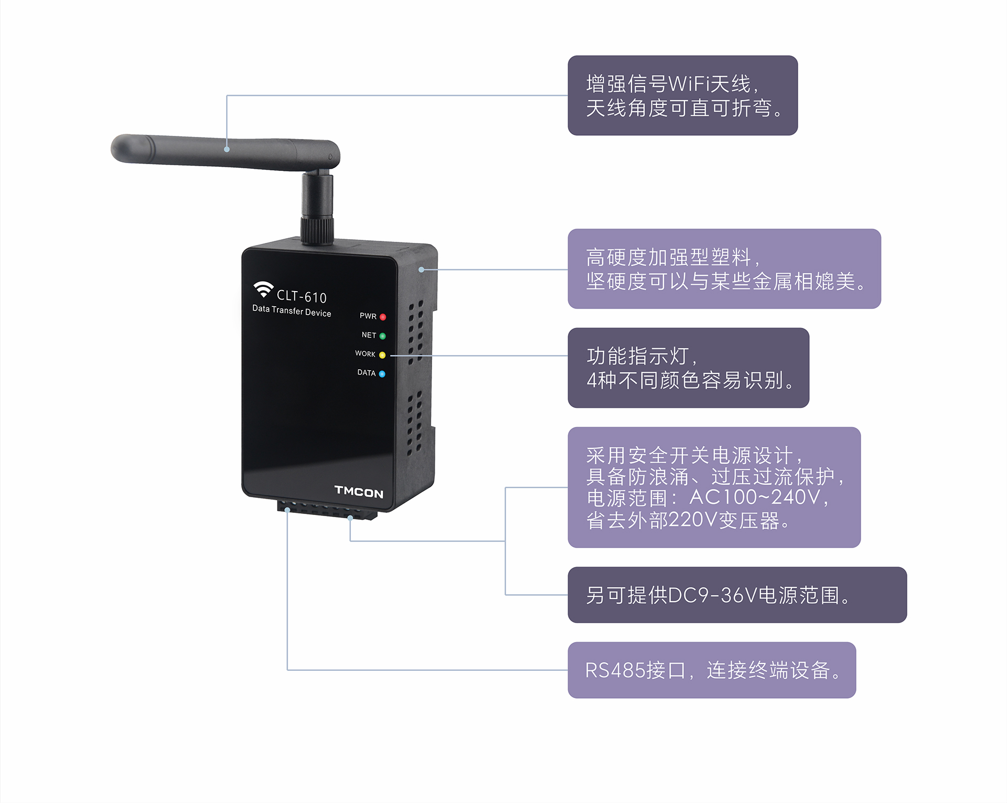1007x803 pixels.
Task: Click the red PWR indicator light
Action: [x=383, y=317]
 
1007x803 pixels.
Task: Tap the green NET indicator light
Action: [x=382, y=336]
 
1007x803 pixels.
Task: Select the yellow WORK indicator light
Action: [x=382, y=355]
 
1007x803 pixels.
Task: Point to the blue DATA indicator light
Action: [x=382, y=374]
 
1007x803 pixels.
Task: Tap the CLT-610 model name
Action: [x=302, y=297]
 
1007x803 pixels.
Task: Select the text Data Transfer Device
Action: [x=292, y=311]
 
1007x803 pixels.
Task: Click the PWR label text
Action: [x=368, y=316]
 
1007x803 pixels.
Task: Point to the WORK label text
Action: [x=365, y=354]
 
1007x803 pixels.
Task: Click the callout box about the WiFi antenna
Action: [x=683, y=95]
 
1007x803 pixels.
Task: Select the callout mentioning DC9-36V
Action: [x=737, y=595]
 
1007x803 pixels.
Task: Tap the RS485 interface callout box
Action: [x=712, y=670]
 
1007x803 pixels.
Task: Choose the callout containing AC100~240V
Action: [x=714, y=487]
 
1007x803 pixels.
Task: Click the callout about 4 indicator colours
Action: [x=689, y=368]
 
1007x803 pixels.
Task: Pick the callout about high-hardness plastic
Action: [x=724, y=269]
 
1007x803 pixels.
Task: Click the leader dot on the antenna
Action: [x=227, y=149]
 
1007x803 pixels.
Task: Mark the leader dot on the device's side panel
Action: [x=421, y=270]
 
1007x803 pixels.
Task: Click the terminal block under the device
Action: [x=327, y=510]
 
